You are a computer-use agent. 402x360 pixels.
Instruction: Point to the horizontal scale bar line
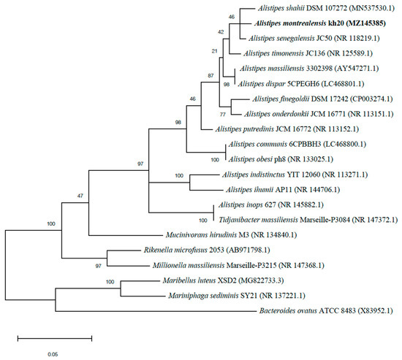(55, 338)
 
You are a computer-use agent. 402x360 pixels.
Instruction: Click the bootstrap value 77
(222, 115)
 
